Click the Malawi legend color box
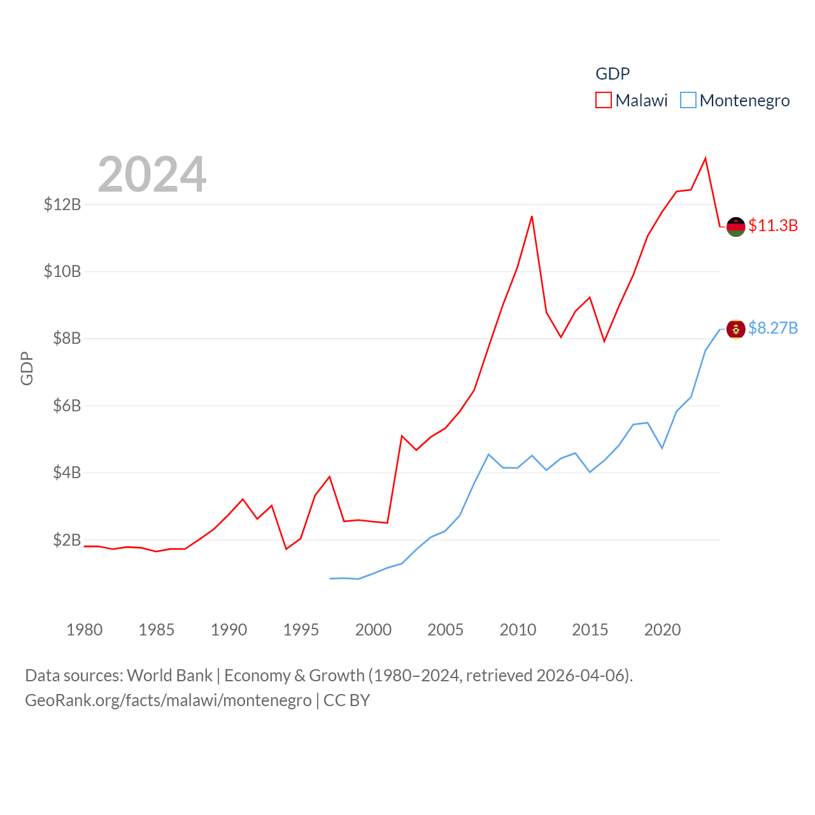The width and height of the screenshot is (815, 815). click(x=603, y=101)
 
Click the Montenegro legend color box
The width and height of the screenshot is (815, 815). click(x=688, y=101)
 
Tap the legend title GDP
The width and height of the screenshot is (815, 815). click(x=613, y=74)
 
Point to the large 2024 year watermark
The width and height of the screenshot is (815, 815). click(x=152, y=174)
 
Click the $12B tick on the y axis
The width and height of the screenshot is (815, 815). click(x=62, y=204)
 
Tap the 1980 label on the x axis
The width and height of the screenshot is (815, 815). click(x=84, y=630)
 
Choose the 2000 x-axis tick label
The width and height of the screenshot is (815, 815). click(x=373, y=630)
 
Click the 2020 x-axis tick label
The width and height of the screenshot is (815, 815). click(x=662, y=630)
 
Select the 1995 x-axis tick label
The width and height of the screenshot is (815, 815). click(x=301, y=630)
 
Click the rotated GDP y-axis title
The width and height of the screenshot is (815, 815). click(x=27, y=368)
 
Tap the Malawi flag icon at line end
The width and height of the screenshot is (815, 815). click(x=735, y=226)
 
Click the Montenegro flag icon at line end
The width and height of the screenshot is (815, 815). click(x=735, y=329)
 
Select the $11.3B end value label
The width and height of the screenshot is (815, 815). click(x=773, y=225)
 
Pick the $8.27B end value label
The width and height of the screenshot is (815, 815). click(x=773, y=328)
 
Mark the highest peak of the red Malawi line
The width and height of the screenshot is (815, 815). click(x=705, y=158)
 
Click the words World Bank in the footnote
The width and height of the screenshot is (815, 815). click(x=170, y=675)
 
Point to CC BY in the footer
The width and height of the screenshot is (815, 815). click(x=346, y=700)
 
